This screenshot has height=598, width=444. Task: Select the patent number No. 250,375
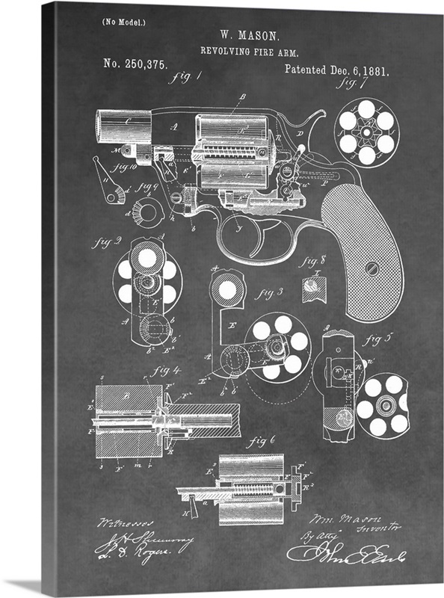coord(135,64)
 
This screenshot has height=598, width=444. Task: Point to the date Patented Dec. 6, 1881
coord(336,70)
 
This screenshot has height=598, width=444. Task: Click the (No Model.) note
coord(123,22)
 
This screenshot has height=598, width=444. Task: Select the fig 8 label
coord(312,262)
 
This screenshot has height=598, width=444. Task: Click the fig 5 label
coord(378,339)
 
